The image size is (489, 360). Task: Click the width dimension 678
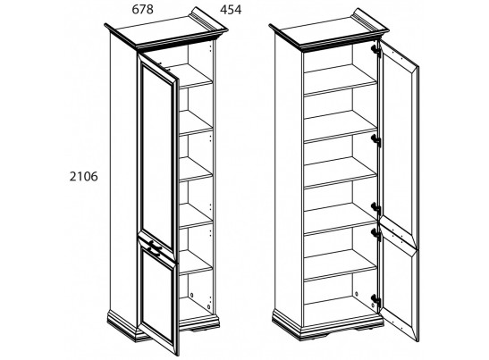tap(142, 10)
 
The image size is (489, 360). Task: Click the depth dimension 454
tap(231, 10)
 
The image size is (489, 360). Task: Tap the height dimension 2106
tap(83, 176)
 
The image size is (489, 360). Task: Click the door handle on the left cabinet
tap(155, 246)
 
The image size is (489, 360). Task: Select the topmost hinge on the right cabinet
tap(375, 50)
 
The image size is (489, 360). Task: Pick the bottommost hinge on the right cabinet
tap(375, 300)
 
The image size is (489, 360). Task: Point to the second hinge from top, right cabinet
tap(375, 140)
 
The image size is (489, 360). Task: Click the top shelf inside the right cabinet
tap(340, 80)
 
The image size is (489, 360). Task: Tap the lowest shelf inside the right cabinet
tap(340, 265)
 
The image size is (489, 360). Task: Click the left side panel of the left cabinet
tap(123, 180)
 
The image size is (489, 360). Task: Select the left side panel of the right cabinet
tap(289, 180)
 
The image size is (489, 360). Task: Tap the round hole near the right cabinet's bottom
tap(357, 294)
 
